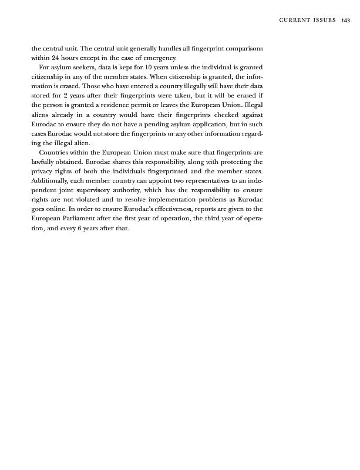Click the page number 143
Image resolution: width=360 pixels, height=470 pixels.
[x=345, y=20]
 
